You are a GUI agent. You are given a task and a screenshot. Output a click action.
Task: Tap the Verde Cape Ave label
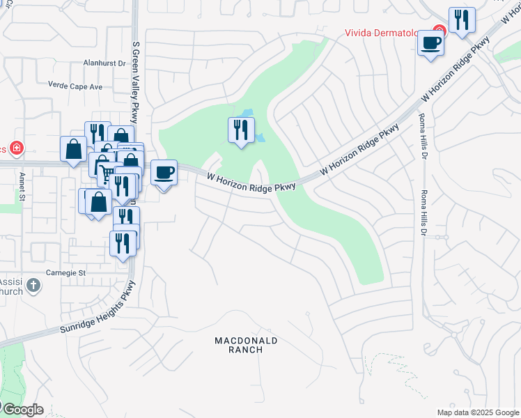pyautogui.click(x=75, y=87)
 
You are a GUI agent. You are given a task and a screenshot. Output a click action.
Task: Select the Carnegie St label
pyautogui.click(x=65, y=272)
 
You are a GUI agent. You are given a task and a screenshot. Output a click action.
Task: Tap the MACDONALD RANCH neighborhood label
pyautogui.click(x=246, y=345)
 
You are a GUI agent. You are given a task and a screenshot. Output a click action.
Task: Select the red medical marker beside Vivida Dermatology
pyautogui.click(x=439, y=31)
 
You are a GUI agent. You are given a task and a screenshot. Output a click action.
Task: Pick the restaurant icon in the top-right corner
pyautogui.click(x=462, y=20)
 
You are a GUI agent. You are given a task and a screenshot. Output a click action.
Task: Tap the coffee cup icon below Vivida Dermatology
pyautogui.click(x=430, y=43)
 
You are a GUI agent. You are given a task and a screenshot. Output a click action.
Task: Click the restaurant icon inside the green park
pyautogui.click(x=241, y=129)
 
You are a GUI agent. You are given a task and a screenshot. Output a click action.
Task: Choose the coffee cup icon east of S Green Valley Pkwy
pyautogui.click(x=164, y=172)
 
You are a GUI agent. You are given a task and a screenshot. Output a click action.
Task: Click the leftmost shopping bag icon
pyautogui.click(x=73, y=148)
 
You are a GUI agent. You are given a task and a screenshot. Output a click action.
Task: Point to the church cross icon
pyautogui.click(x=33, y=284)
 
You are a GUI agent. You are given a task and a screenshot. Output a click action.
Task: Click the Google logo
pyautogui.click(x=22, y=410)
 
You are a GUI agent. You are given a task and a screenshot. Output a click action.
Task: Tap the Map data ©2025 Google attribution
pyautogui.click(x=479, y=412)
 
